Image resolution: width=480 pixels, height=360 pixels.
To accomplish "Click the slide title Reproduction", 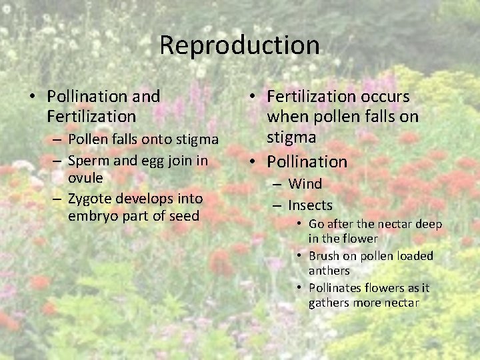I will click(x=239, y=45).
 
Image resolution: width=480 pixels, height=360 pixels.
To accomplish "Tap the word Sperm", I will click(x=85, y=160).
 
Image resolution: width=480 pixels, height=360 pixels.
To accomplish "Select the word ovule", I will click(x=85, y=178).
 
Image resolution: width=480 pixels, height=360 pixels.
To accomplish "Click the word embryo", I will click(x=90, y=216).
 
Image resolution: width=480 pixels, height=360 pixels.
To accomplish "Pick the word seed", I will click(x=185, y=216).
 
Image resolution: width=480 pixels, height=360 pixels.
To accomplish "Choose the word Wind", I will click(x=305, y=184).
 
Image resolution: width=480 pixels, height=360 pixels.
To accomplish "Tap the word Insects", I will click(x=310, y=205).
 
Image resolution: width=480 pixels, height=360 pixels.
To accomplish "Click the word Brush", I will click(x=324, y=256).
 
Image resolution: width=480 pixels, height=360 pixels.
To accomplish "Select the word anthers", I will click(x=329, y=271).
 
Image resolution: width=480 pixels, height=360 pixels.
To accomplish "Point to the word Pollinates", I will click(x=336, y=288).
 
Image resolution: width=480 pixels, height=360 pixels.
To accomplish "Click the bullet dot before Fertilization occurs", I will click(x=257, y=97).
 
